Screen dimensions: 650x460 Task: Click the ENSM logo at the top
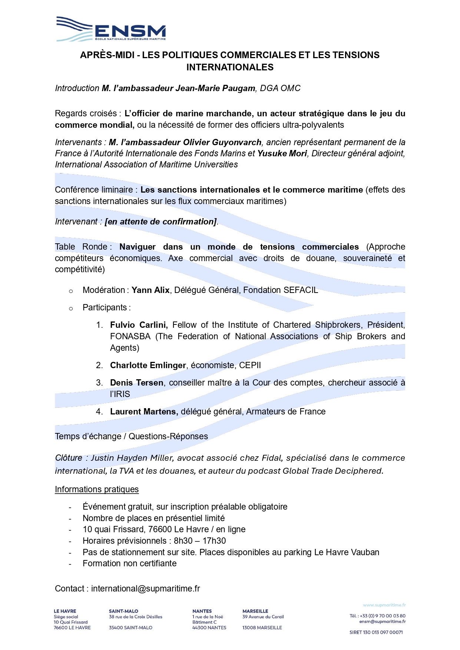click(x=111, y=29)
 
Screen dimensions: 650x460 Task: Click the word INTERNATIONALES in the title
click(x=230, y=67)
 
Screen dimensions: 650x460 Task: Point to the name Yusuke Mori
click(x=282, y=154)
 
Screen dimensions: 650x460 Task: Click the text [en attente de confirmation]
click(x=161, y=222)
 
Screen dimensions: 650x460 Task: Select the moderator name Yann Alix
click(x=150, y=290)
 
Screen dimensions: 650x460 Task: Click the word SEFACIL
click(x=301, y=290)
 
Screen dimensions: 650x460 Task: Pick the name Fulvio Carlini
click(x=139, y=325)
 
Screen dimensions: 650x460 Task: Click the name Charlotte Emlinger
click(x=148, y=366)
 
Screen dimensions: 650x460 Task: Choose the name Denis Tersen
click(x=136, y=383)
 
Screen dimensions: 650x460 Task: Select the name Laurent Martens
click(x=144, y=412)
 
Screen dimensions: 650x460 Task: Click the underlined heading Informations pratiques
click(x=97, y=490)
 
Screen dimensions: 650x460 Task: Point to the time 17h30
click(x=214, y=541)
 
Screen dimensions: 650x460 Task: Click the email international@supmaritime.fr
click(x=146, y=589)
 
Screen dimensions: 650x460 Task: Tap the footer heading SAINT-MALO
click(x=123, y=611)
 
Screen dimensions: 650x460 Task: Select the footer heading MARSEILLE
click(x=255, y=611)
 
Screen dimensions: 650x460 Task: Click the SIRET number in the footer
click(x=376, y=632)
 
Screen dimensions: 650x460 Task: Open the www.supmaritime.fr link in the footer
click(x=384, y=605)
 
